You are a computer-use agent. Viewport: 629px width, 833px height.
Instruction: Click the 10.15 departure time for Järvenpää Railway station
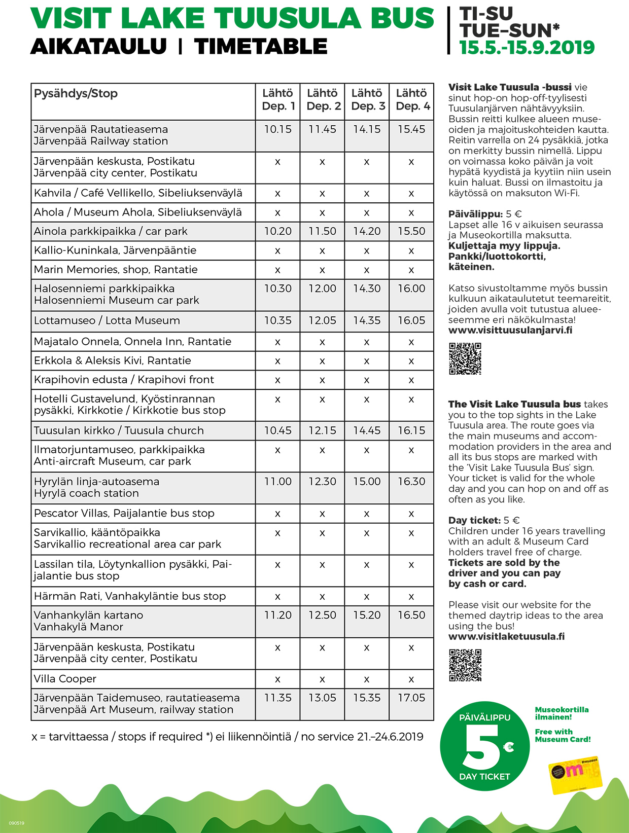point(277,129)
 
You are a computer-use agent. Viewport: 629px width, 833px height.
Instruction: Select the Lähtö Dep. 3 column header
point(367,100)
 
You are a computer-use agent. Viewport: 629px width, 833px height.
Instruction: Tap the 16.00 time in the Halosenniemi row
point(411,288)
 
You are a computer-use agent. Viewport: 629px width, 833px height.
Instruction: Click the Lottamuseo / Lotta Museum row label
point(107,320)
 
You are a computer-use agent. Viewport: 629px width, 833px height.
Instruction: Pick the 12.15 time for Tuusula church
point(322,430)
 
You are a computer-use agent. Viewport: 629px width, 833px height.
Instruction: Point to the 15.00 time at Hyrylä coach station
point(367,481)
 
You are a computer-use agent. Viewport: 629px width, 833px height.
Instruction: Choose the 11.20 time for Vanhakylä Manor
point(277,615)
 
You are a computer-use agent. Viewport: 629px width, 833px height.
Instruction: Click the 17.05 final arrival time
point(411,698)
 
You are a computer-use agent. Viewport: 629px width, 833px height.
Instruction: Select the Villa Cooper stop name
point(65,679)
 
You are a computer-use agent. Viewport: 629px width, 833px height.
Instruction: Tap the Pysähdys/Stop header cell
point(76,94)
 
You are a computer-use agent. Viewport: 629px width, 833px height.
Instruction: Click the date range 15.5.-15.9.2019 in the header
point(527,48)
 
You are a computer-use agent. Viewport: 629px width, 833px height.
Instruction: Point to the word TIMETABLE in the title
point(261,47)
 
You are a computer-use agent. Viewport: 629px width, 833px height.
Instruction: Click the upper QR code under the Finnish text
point(465,358)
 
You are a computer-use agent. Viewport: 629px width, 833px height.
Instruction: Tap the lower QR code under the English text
point(465,665)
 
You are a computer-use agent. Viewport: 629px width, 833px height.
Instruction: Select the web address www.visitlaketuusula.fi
point(506,636)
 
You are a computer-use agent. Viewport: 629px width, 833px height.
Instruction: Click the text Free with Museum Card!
point(563,735)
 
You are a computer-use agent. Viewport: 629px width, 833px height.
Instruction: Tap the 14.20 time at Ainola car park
point(367,231)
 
